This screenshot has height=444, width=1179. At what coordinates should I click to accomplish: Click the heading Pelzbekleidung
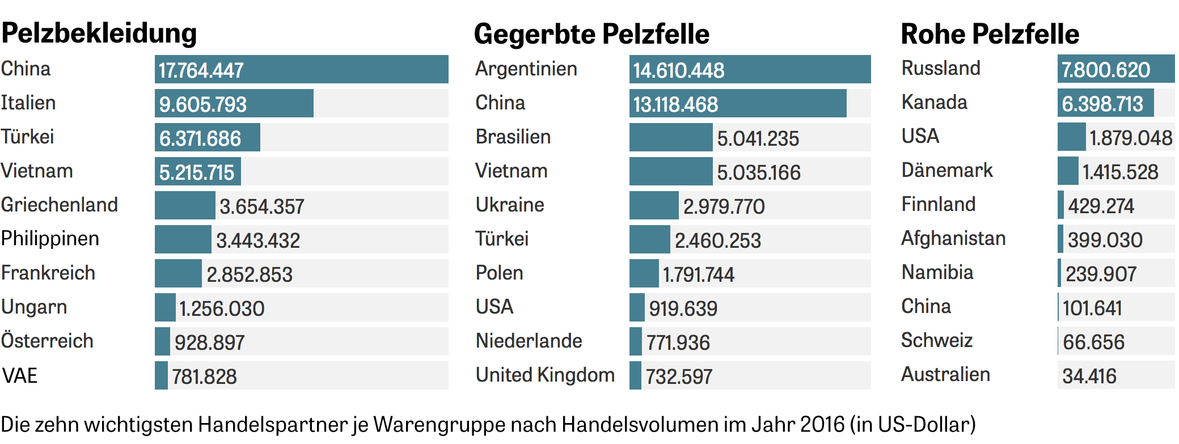(x=99, y=33)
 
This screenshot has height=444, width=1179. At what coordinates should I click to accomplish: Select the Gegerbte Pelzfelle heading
(x=591, y=34)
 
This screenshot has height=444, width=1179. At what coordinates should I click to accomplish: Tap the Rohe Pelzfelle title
(x=990, y=34)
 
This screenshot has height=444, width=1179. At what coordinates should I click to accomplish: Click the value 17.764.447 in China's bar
(x=201, y=70)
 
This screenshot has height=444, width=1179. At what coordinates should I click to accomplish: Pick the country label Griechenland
(x=60, y=205)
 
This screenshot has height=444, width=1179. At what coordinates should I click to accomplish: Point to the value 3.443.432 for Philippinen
(x=258, y=240)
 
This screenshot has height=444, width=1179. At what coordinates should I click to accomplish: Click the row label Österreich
(x=47, y=341)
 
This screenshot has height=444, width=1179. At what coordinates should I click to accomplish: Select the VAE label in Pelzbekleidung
(x=20, y=375)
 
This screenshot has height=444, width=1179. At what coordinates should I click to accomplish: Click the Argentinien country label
(x=526, y=69)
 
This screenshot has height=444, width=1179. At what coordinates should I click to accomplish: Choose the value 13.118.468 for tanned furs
(x=675, y=104)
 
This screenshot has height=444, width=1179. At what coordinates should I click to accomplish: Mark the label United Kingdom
(x=545, y=375)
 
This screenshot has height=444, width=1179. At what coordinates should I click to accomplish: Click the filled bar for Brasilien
(x=670, y=137)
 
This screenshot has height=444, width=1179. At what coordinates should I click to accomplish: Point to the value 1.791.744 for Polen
(x=699, y=274)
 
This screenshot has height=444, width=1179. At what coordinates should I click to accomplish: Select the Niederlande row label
(x=529, y=341)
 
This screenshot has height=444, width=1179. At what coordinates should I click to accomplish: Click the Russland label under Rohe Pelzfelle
(x=941, y=68)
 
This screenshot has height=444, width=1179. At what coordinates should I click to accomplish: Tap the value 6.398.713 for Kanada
(x=1102, y=104)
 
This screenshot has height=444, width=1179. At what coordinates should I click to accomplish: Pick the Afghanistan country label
(x=953, y=238)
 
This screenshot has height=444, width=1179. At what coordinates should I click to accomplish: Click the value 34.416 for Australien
(x=1089, y=376)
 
